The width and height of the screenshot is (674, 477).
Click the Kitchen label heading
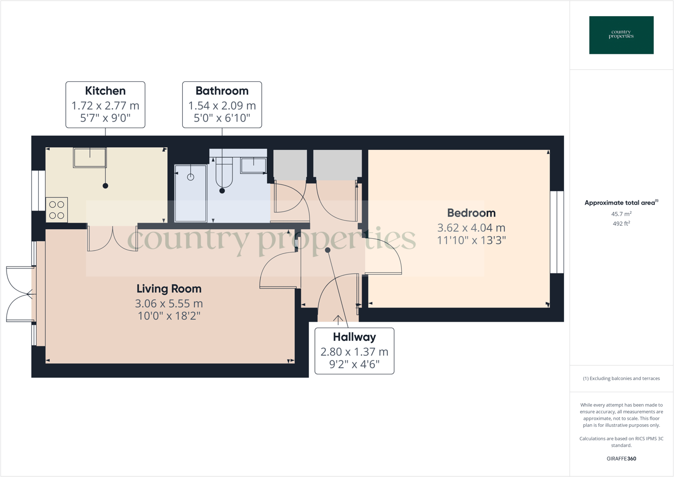(105, 91)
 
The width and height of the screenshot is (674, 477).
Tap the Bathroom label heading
(222, 91)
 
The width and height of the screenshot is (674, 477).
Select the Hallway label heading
(354, 337)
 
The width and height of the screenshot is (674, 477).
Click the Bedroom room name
(471, 213)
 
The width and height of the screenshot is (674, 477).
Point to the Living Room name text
(169, 289)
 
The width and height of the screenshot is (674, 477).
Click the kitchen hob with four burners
(57, 210)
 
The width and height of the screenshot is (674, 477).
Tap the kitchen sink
(90, 158)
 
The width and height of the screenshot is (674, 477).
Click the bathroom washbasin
(253, 165)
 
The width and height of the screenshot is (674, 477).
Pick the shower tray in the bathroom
(191, 193)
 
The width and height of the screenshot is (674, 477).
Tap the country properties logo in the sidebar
(621, 35)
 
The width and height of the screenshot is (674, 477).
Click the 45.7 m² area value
(621, 214)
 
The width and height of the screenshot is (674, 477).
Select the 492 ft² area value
(621, 224)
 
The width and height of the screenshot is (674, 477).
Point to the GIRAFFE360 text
(621, 458)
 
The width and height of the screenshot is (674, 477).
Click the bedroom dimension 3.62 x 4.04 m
(471, 228)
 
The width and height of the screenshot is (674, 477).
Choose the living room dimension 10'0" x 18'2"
(169, 316)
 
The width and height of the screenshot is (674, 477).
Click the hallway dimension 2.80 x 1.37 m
(354, 352)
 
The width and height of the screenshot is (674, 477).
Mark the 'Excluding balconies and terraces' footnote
(621, 378)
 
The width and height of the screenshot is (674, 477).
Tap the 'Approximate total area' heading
(621, 203)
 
